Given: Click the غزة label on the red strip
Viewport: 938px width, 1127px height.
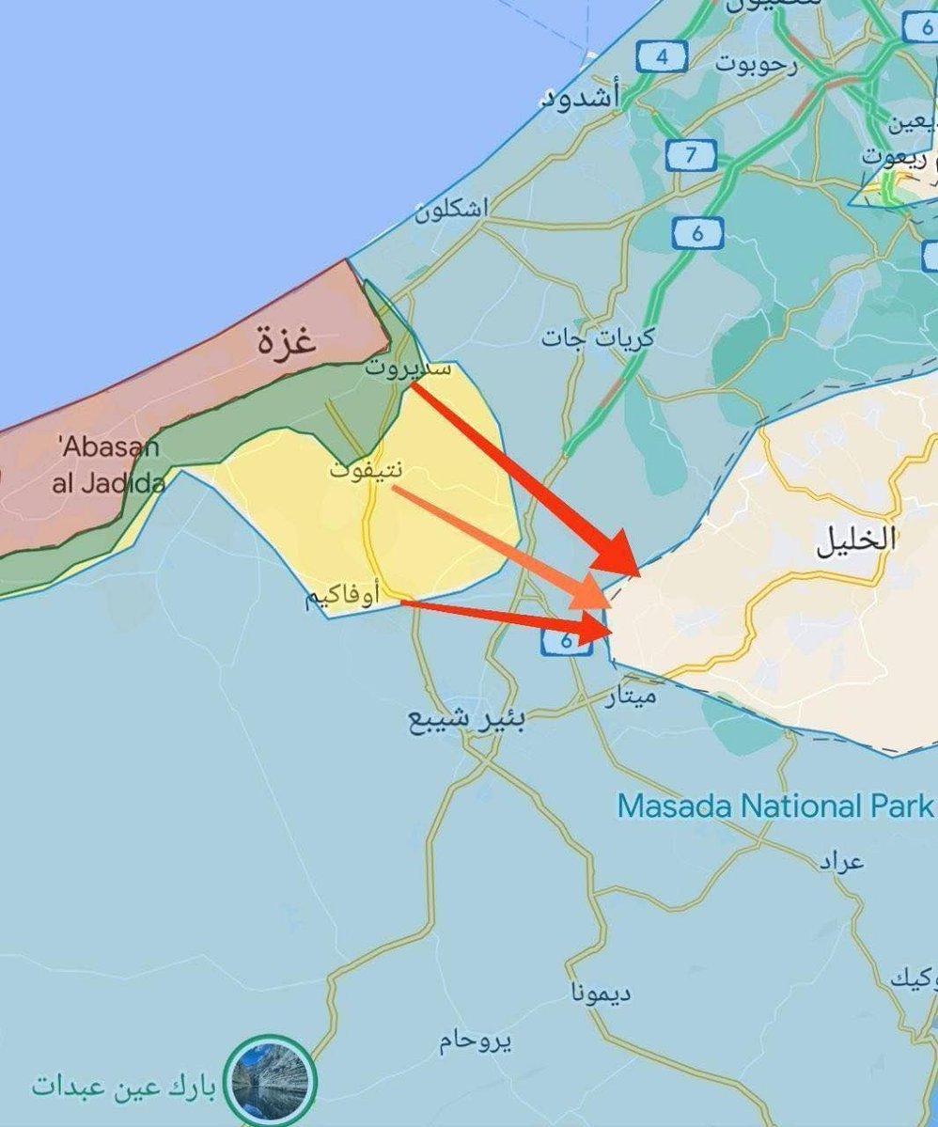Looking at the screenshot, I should (286, 341).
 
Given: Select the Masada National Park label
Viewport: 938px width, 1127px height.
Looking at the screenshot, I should (774, 806).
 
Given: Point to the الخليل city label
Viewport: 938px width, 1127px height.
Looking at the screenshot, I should (855, 540).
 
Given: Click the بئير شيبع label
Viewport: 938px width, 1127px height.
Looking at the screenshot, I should (466, 720).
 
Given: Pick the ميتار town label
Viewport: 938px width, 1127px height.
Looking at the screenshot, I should (632, 697).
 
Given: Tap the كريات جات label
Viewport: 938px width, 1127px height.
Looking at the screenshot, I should (598, 338).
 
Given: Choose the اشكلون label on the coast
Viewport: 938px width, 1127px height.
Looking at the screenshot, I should (452, 211).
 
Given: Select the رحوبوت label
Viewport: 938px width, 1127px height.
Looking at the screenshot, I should (756, 64).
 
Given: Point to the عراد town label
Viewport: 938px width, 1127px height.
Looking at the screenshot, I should (839, 861).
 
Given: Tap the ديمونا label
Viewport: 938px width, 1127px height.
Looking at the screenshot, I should (601, 993).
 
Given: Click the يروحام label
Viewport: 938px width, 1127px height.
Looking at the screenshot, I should (476, 1041).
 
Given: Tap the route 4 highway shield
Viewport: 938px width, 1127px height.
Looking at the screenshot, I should (662, 57).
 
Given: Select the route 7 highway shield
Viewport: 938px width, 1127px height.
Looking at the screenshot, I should (691, 154).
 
